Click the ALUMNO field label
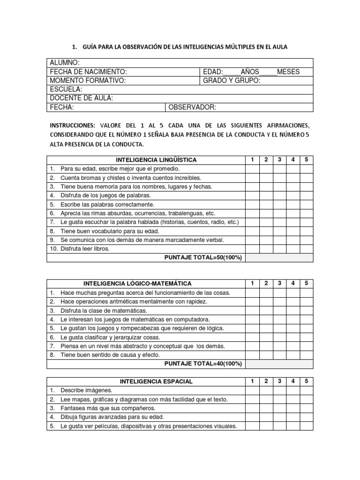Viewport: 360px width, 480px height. tap(64, 63)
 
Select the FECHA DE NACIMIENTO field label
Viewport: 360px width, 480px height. tap(88, 72)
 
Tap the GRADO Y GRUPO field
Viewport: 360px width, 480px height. tap(231, 80)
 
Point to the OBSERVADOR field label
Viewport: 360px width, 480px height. tap(192, 107)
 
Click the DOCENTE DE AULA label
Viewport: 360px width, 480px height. tap(81, 98)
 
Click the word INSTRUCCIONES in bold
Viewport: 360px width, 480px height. tap(72, 126)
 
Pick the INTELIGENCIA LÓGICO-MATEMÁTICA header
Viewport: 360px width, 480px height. tap(137, 284)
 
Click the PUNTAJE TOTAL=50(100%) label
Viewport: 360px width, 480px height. tap(203, 258)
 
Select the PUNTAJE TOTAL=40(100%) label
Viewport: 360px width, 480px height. tap(203, 364)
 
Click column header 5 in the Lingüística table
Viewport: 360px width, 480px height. tap(307, 160)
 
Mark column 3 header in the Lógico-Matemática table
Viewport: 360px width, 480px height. tap(279, 284)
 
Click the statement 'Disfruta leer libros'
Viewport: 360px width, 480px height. tap(84, 249)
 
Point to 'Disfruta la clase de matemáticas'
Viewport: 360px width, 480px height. tap(104, 310)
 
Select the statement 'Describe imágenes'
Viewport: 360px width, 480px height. tap(86, 390)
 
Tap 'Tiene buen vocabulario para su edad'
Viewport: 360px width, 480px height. tap(110, 231)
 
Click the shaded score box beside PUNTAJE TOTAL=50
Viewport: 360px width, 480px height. tap(279, 258)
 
